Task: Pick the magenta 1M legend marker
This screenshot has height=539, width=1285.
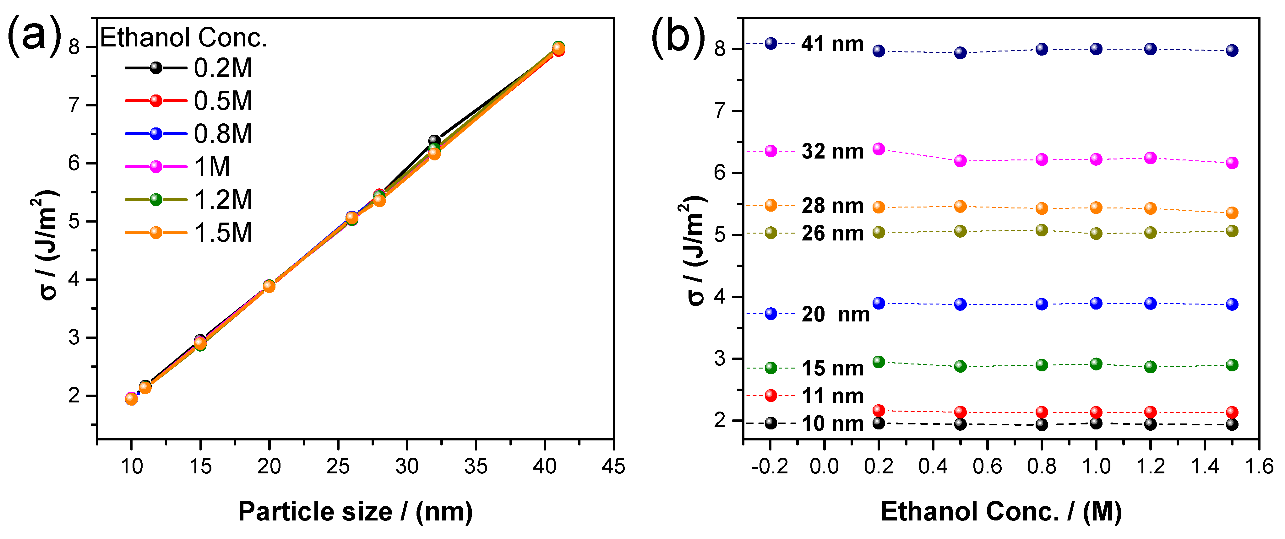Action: (x=156, y=167)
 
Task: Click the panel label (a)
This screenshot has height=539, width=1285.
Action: (x=34, y=35)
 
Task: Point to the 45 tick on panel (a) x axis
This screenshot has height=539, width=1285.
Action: (x=613, y=466)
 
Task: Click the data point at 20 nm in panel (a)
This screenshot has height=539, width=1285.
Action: (x=269, y=286)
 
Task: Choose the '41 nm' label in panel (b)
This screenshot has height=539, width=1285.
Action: (x=832, y=44)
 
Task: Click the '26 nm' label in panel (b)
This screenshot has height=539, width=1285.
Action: (x=832, y=233)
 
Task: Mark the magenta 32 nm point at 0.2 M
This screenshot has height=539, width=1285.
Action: (x=879, y=148)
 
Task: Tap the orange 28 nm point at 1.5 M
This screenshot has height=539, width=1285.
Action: (x=1232, y=213)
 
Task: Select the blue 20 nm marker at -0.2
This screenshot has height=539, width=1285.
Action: (x=771, y=314)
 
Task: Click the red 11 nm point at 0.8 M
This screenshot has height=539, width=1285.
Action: (x=1042, y=412)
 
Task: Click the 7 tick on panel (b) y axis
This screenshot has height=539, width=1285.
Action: (x=719, y=111)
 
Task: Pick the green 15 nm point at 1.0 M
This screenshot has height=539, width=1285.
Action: (x=1096, y=364)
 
